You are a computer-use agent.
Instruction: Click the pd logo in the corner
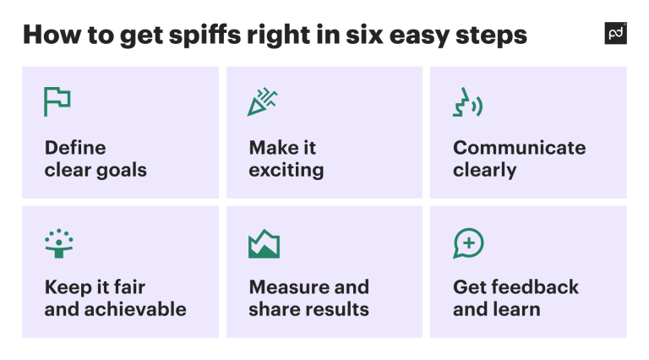pyautogui.click(x=616, y=34)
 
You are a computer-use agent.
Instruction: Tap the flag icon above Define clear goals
pyautogui.click(x=57, y=101)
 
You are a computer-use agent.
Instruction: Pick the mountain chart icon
pyautogui.click(x=264, y=243)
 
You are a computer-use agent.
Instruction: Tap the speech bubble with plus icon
pyautogui.click(x=468, y=243)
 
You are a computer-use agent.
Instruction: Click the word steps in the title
pyautogui.click(x=492, y=35)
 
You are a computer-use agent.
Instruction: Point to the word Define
pyautogui.click(x=75, y=148)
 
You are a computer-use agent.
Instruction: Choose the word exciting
pyautogui.click(x=286, y=170)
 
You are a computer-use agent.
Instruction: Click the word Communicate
pyautogui.click(x=519, y=148)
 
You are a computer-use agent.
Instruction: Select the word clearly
pyautogui.click(x=484, y=170)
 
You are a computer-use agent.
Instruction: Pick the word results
pyautogui.click(x=337, y=308)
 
